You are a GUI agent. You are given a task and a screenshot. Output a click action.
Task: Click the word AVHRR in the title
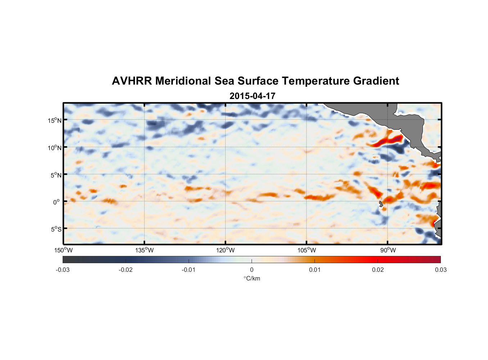tap(131, 81)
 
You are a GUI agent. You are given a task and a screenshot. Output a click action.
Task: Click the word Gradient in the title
tap(376, 81)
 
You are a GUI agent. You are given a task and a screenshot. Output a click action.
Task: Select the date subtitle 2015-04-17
tap(252, 96)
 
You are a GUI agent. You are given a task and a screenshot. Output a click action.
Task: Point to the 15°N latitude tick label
tap(55, 120)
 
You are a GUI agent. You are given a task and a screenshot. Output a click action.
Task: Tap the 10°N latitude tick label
tap(55, 148)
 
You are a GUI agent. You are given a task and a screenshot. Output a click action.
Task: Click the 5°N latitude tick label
tap(56, 175)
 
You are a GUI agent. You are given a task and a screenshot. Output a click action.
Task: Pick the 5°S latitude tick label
tap(56, 229)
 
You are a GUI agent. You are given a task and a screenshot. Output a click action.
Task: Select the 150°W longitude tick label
tap(63, 250)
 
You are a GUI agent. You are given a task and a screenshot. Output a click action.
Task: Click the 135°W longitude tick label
tap(144, 250)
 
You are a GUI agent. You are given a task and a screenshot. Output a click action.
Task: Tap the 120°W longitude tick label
tap(225, 250)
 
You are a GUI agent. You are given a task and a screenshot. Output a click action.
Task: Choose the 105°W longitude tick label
tap(307, 250)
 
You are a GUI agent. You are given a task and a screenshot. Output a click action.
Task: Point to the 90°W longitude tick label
tap(388, 250)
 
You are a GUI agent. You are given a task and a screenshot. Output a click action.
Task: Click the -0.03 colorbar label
tap(63, 270)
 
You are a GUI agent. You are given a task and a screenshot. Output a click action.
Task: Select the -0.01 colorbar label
tap(189, 270)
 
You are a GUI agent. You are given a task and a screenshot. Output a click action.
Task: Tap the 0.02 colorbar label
tap(378, 270)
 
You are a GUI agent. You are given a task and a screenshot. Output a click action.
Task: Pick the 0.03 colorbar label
tap(440, 270)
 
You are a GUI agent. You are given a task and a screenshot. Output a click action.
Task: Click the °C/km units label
tap(252, 278)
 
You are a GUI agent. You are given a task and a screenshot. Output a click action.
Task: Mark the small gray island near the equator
tap(381, 204)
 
